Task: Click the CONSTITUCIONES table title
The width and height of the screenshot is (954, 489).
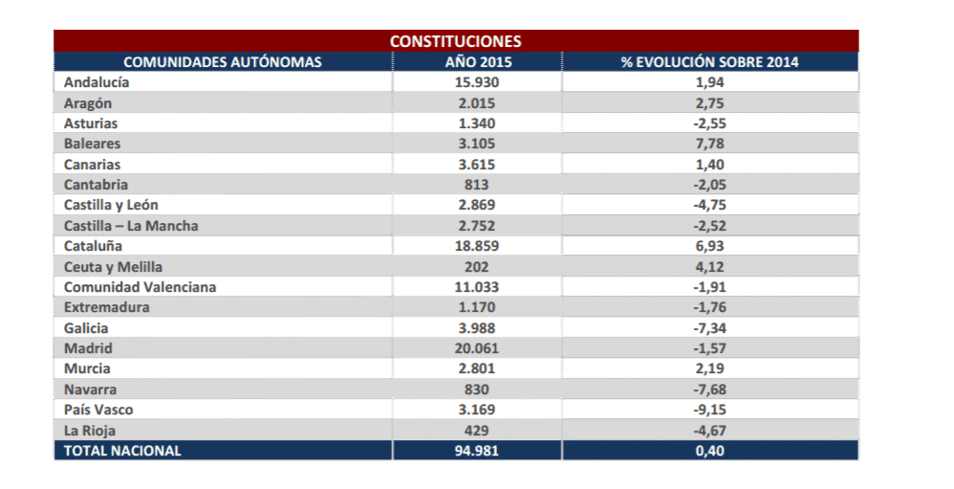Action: click(455, 41)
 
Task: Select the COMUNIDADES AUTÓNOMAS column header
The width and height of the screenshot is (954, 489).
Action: click(223, 62)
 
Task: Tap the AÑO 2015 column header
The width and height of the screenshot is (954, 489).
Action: click(477, 62)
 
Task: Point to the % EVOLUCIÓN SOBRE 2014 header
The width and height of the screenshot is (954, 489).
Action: click(709, 62)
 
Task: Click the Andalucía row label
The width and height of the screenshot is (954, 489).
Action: click(97, 82)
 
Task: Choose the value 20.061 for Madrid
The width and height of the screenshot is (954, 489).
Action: click(477, 348)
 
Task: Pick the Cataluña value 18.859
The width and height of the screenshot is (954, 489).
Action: click(477, 246)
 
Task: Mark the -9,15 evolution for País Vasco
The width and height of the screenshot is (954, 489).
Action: click(709, 410)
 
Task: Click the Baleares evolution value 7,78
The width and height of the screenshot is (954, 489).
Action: click(709, 144)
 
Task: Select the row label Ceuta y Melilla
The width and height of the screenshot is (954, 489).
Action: click(113, 267)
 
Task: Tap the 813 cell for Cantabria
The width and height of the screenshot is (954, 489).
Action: click(477, 185)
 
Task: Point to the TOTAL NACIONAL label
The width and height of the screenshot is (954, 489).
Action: click(122, 450)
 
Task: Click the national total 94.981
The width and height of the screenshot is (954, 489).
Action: click(477, 450)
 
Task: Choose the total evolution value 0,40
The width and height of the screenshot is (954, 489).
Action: click(709, 450)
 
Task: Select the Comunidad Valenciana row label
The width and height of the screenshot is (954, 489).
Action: click(140, 287)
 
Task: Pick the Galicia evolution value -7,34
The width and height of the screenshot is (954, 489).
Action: click(709, 328)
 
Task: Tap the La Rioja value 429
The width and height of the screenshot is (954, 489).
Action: click(477, 430)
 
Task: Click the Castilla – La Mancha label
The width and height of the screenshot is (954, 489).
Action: click(131, 226)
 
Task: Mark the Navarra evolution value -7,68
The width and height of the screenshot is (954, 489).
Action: click(709, 389)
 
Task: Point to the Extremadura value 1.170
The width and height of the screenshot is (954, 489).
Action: click(477, 307)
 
